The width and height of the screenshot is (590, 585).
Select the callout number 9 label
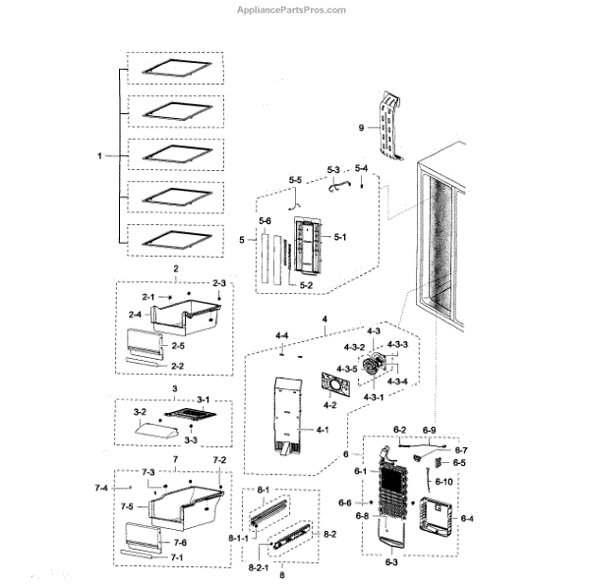coord(362,128)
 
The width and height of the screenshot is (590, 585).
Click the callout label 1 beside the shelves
coord(99,155)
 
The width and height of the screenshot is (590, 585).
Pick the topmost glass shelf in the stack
coord(173,70)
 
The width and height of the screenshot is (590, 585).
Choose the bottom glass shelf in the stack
coord(173,238)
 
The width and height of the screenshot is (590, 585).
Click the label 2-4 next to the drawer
coord(134,315)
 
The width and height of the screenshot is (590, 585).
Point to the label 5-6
coord(265,222)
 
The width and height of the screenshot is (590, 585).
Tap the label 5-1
coord(341,236)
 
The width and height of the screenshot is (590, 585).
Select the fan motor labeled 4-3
coord(373,370)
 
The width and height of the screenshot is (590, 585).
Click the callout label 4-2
coord(330,404)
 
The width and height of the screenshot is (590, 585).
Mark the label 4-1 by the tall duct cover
coord(323,429)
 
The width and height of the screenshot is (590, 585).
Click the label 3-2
coord(140,413)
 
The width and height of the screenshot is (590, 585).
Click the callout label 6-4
coord(466,519)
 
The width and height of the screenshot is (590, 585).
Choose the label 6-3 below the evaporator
coord(390,562)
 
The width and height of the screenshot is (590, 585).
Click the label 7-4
coord(101,488)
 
